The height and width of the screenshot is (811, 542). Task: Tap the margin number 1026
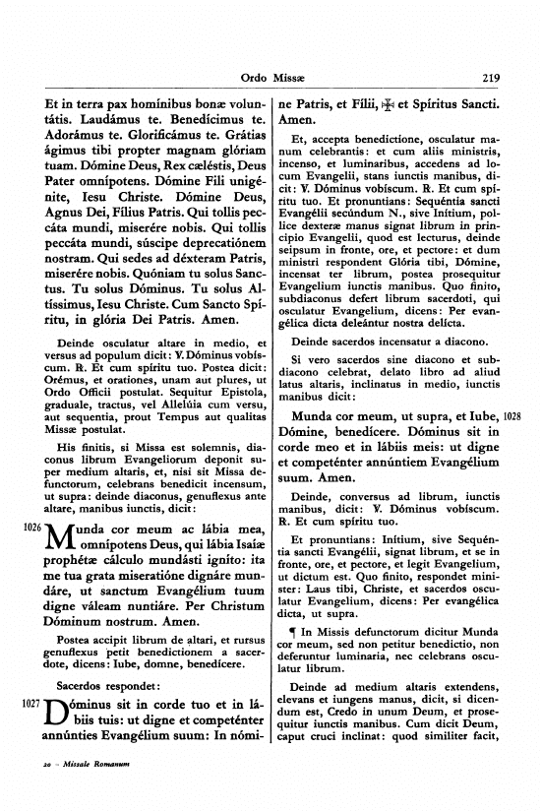pos(30,529)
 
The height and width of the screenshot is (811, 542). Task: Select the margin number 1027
pos(30,705)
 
